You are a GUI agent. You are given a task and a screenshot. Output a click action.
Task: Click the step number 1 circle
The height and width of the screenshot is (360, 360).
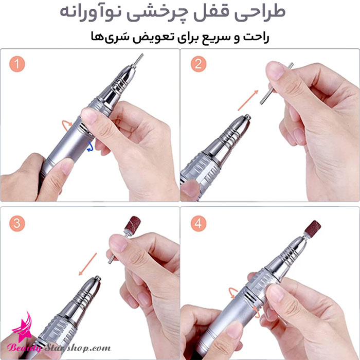click(17, 64)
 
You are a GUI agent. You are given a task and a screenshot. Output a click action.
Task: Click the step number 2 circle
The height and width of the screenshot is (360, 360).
click(199, 64)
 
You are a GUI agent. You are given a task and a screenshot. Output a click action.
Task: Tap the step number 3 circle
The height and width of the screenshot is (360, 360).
click(17, 223)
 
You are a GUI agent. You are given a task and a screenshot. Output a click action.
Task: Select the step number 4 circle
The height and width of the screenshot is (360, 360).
click(199, 223)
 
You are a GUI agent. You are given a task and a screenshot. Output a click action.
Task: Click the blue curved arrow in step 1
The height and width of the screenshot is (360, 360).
click(90, 147)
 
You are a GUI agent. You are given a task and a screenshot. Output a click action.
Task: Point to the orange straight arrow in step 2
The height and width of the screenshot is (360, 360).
click(248, 100)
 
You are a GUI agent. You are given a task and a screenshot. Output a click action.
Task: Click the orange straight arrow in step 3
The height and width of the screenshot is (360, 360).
click(88, 264)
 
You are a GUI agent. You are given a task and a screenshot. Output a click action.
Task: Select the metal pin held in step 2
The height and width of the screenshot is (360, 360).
click(277, 83)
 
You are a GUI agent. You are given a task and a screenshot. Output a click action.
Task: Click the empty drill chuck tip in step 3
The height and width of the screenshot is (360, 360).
click(98, 278)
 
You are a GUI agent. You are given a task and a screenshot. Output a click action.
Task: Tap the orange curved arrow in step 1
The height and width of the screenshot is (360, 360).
click(66, 125)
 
